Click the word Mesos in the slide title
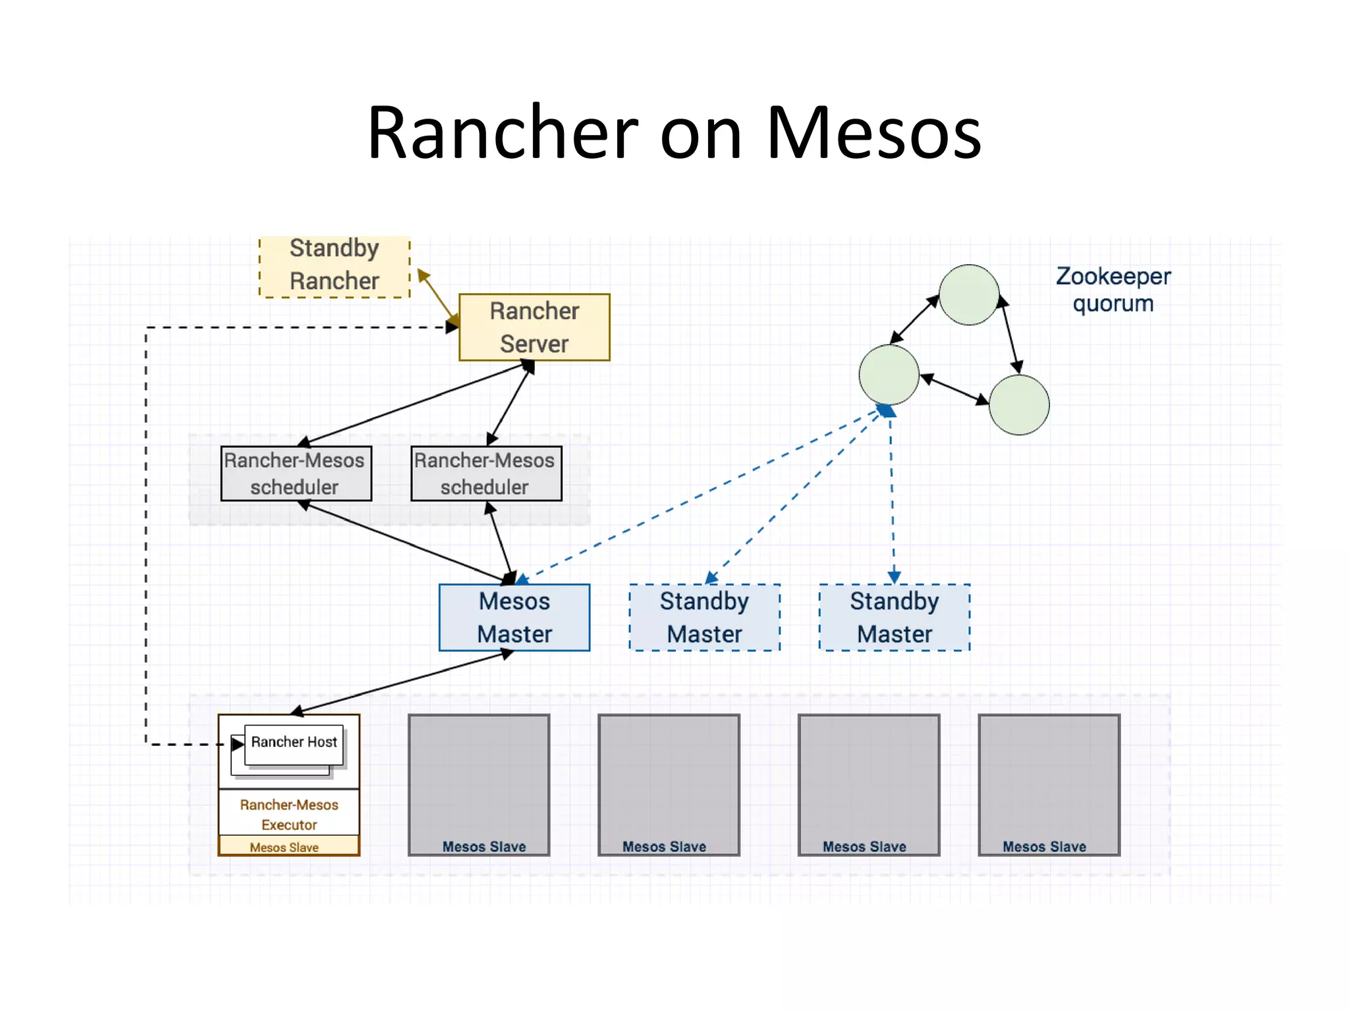[x=873, y=134]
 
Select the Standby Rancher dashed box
[x=334, y=266]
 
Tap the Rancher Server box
[x=534, y=327]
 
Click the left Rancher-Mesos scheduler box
[x=296, y=474]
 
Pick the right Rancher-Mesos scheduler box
[x=486, y=474]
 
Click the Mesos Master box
[x=514, y=617]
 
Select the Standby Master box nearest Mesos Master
[x=704, y=617]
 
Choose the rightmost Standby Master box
[x=894, y=617]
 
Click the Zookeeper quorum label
[x=1113, y=290]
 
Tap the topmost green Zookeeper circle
[x=968, y=295]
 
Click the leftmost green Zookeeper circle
[x=889, y=374]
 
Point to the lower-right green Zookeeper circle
[x=1019, y=405]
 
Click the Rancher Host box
[x=294, y=743]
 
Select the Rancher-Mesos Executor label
[x=289, y=814]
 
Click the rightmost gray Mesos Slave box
[x=1049, y=784]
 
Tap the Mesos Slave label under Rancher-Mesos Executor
[x=285, y=847]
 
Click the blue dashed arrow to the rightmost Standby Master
[x=892, y=501]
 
